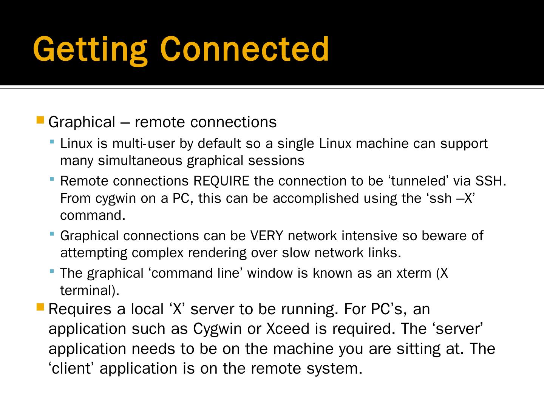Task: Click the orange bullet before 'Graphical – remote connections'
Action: point(40,121)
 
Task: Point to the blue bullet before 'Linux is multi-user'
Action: point(52,142)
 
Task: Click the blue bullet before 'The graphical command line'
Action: point(52,271)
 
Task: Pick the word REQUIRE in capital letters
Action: point(221,181)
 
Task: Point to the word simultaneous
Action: point(140,161)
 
